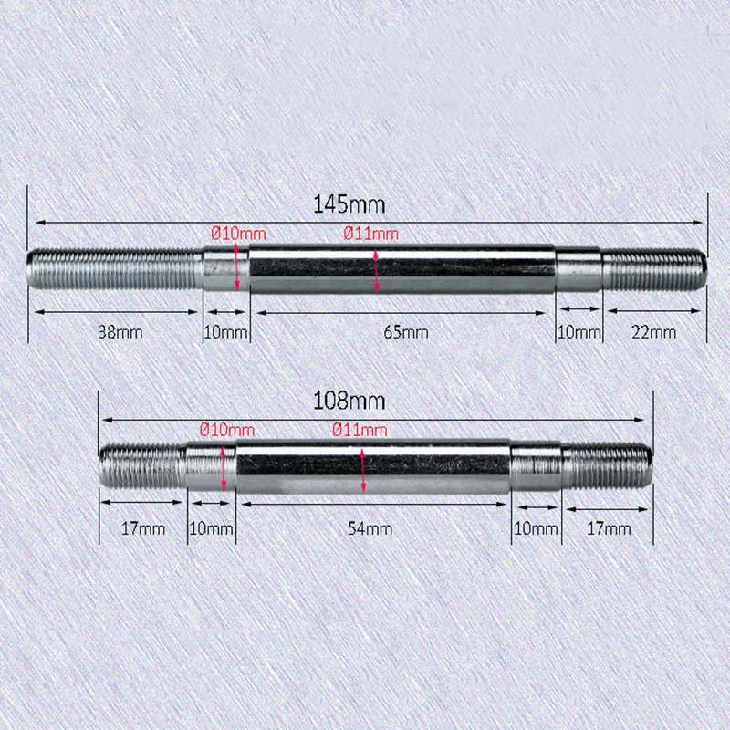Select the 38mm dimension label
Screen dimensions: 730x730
pos(120,332)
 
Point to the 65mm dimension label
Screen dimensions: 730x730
pos(406,332)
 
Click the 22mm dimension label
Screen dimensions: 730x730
pos(654,332)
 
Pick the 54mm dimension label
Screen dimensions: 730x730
pos(371,528)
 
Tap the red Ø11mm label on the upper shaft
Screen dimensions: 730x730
pos(371,235)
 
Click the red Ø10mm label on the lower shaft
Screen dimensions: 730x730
pos(226,430)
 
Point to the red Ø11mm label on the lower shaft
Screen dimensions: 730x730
pos(359,430)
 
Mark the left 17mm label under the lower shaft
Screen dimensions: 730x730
pos(143,528)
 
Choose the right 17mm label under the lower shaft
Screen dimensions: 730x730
pos(608,528)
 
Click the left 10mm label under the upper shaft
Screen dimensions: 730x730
pos(225,332)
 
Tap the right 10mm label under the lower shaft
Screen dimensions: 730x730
pos(536,528)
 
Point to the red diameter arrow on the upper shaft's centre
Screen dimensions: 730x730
pos(378,270)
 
